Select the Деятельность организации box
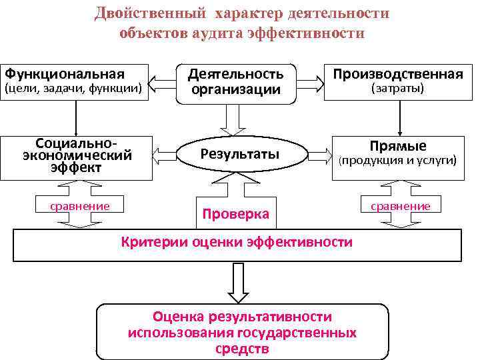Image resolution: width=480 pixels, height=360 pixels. [235, 81]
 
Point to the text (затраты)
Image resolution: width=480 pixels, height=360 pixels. [398, 87]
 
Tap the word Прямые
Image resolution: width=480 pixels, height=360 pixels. [398, 146]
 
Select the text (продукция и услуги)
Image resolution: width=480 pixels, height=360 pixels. [398, 161]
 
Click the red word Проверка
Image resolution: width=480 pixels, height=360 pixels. [236, 214]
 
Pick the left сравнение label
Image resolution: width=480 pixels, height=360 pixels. [80, 206]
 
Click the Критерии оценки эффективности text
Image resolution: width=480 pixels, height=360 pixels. [237, 242]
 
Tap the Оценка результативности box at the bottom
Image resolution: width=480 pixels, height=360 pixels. [242, 332]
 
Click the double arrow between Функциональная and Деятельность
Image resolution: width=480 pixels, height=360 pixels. [160, 81]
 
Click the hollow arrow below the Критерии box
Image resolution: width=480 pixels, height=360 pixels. [237, 281]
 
